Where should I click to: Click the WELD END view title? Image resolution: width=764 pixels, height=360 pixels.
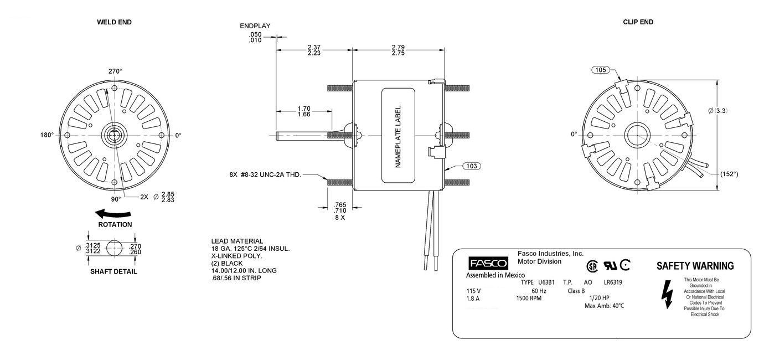(114, 22)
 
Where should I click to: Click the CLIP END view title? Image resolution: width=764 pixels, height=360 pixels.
(638, 22)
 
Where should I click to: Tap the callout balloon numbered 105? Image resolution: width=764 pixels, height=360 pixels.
(601, 70)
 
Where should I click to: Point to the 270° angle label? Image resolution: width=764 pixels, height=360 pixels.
(115, 71)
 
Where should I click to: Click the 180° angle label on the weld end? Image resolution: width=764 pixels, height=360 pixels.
(47, 135)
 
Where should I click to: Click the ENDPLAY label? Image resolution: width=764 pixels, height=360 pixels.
(255, 26)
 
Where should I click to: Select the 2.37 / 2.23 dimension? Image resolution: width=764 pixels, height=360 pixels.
(314, 50)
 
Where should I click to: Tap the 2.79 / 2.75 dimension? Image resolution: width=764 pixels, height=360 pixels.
(398, 50)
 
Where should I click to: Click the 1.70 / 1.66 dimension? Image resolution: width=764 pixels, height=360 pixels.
(303, 111)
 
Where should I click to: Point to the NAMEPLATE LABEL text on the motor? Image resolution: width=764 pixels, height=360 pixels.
(398, 137)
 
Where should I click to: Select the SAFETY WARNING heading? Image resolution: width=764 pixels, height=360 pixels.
(695, 266)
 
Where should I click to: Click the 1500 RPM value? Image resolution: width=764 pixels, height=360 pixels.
(529, 298)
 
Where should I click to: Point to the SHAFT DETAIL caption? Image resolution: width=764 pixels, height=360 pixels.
(113, 272)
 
